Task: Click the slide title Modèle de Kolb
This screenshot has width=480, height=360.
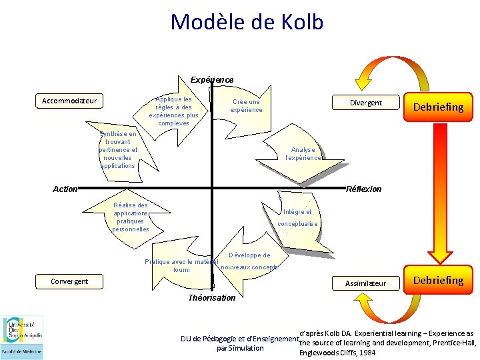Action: click(247, 22)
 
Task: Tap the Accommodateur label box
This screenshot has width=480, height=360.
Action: click(69, 101)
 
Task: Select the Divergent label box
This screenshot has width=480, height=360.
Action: click(366, 103)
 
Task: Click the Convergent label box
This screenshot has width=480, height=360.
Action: click(69, 281)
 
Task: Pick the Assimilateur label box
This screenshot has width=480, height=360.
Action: click(365, 283)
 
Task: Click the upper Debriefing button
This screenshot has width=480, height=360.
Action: click(438, 107)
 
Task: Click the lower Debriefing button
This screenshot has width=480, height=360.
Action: click(438, 280)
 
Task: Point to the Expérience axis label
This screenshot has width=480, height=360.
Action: click(212, 80)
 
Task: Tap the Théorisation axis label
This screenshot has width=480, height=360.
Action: click(212, 298)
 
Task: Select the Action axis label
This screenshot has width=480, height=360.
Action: click(65, 189)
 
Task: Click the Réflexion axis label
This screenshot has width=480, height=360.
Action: click(364, 189)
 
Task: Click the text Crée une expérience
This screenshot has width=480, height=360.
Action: click(246, 106)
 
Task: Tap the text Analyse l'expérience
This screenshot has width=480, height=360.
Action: click(303, 154)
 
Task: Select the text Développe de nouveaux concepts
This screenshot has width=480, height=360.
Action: click(249, 261)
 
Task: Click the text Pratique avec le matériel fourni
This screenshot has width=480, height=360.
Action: click(181, 265)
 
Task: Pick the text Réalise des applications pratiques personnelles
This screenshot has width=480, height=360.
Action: click(131, 217)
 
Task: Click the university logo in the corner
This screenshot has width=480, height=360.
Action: click(22, 337)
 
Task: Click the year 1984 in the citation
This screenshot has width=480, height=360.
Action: click(364, 352)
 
